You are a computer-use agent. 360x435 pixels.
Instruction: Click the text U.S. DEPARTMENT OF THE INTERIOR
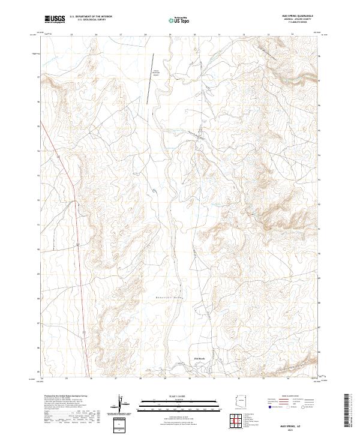pos(91,17)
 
